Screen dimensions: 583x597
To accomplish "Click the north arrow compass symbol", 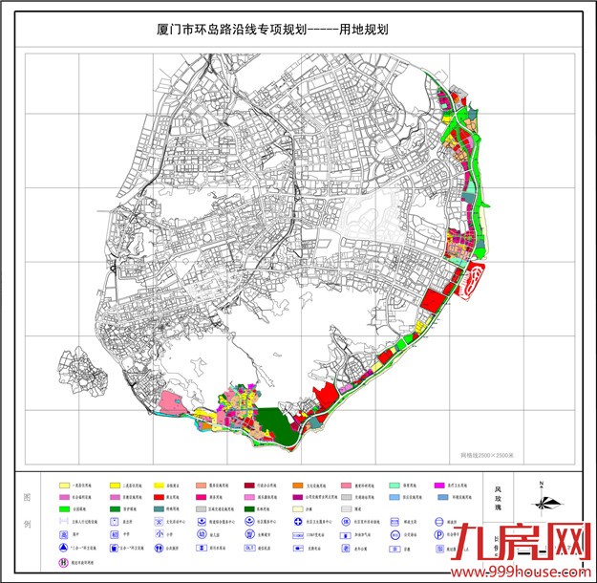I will coord(542,501).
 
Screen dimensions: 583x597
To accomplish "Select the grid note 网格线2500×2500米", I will coord(489,455).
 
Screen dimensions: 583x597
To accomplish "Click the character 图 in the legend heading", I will coord(26,498).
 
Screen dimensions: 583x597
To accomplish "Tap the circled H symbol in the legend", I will coord(65,564).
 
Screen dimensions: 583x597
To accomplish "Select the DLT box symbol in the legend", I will coord(251,550).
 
